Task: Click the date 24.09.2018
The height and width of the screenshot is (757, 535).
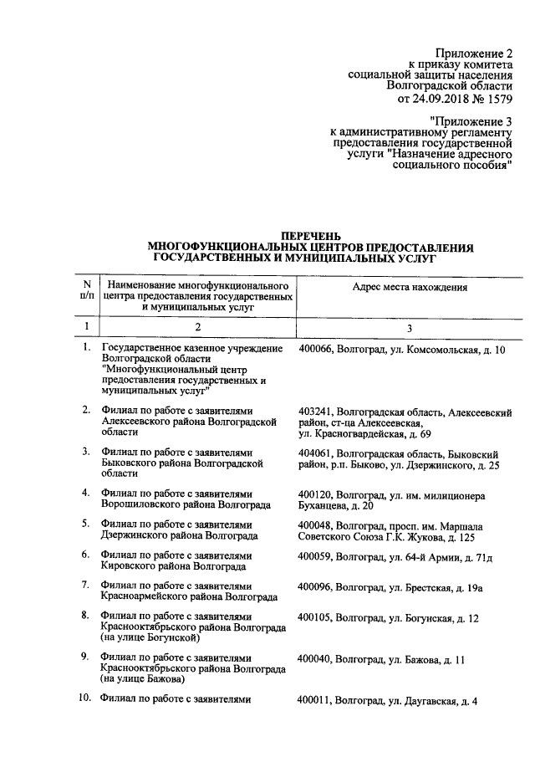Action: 436,99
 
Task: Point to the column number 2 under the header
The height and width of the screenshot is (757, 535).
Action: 198,325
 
